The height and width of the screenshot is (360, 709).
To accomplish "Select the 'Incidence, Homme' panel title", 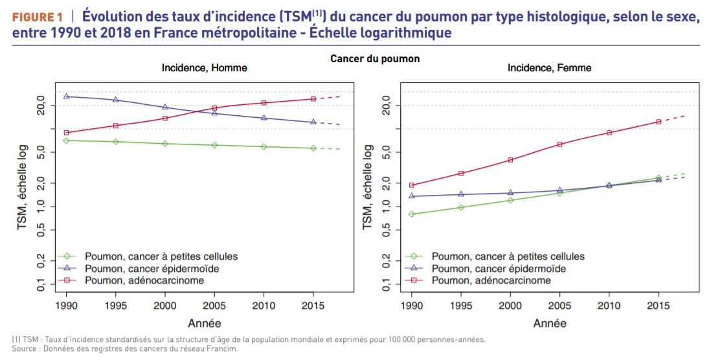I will (204, 68).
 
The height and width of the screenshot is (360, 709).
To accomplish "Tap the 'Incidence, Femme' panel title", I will (549, 68).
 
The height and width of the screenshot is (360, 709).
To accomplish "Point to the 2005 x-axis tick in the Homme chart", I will (214, 305).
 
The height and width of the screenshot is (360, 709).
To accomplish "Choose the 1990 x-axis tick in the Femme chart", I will (412, 305).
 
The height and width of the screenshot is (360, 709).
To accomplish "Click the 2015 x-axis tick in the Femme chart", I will (658, 305).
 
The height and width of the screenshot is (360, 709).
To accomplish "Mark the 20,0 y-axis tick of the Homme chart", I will (40, 106).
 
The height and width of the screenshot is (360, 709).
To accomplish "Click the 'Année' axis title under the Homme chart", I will (205, 323).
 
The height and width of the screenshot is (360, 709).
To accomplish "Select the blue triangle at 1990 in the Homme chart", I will (67, 96).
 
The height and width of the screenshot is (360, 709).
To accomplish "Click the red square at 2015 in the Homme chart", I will (313, 99).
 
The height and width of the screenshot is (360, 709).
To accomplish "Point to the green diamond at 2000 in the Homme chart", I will (165, 144).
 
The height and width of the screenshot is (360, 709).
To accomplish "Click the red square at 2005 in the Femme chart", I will (559, 144).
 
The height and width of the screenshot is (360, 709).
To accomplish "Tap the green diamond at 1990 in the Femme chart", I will (412, 214).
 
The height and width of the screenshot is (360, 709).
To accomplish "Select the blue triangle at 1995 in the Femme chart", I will (461, 194).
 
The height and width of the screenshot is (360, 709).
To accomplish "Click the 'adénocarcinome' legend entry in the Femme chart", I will (491, 280).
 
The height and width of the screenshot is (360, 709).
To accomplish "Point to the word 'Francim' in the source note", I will (222, 349).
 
